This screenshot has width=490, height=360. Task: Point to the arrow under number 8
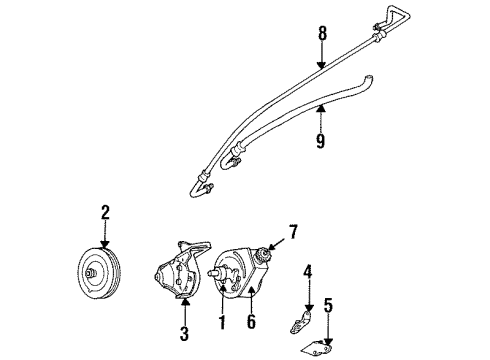pos(322,60)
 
